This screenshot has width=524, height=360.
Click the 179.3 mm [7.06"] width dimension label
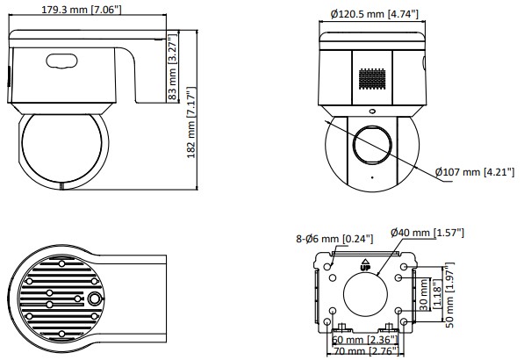(82, 9)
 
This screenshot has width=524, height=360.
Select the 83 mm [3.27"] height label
(173, 66)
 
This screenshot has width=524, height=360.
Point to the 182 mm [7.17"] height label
(191, 122)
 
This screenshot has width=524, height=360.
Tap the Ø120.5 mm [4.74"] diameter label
(374, 14)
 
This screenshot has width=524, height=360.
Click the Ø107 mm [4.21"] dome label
(475, 172)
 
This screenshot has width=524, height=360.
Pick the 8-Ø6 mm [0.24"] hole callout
(334, 239)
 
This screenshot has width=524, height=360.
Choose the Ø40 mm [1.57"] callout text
(427, 232)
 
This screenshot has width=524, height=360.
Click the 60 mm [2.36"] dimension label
(365, 340)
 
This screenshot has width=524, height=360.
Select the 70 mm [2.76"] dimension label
(366, 351)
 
